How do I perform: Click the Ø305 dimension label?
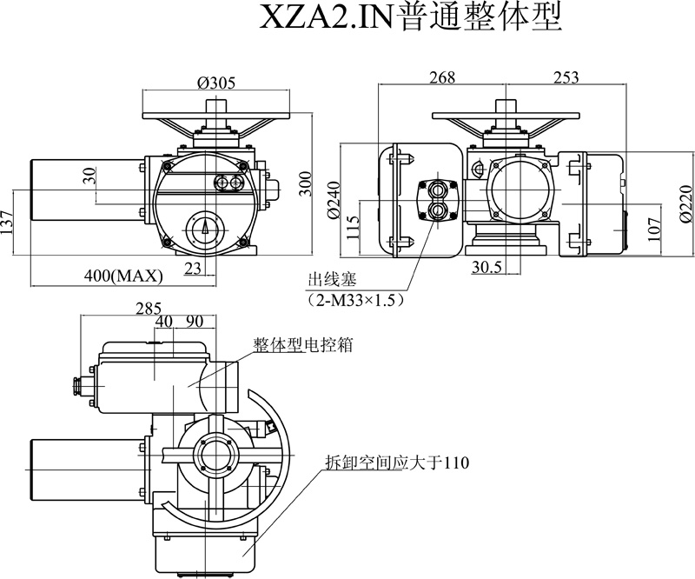click(x=216, y=83)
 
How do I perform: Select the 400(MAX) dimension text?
click(x=124, y=276)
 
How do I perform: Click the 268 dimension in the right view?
click(x=441, y=78)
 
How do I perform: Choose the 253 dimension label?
click(x=566, y=78)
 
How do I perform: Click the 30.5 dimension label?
click(x=486, y=268)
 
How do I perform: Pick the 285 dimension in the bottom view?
click(x=149, y=307)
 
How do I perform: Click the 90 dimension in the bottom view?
click(x=195, y=321)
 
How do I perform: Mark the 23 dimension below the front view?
click(x=193, y=269)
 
